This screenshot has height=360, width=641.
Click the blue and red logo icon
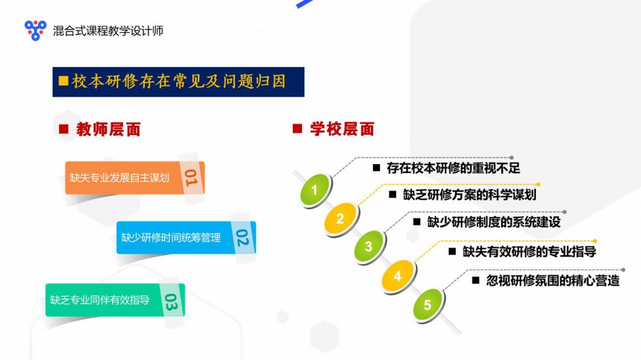click(x=35, y=30)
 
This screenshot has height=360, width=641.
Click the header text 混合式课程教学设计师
click(x=108, y=31)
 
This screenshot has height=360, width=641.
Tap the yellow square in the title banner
click(x=63, y=81)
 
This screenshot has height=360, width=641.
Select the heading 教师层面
click(x=108, y=129)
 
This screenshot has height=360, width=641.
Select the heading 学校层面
click(x=342, y=129)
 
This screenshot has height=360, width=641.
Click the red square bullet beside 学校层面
click(x=297, y=129)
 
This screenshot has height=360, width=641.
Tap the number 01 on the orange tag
click(x=191, y=177)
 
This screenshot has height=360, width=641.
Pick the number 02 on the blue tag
click(x=242, y=238)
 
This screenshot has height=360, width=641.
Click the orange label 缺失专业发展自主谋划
click(x=119, y=177)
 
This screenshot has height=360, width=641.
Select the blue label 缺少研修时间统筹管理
click(x=171, y=238)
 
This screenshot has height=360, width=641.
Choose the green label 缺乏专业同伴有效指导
click(x=100, y=300)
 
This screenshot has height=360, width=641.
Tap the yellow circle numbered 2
click(x=340, y=218)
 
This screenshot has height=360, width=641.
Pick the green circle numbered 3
click(x=369, y=246)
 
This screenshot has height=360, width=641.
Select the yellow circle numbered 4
click(x=397, y=276)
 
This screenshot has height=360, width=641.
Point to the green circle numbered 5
click(x=428, y=304)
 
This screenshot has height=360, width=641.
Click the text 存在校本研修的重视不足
click(x=453, y=168)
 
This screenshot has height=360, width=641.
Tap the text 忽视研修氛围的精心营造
click(x=553, y=281)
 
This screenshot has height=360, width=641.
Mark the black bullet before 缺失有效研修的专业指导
click(x=452, y=251)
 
